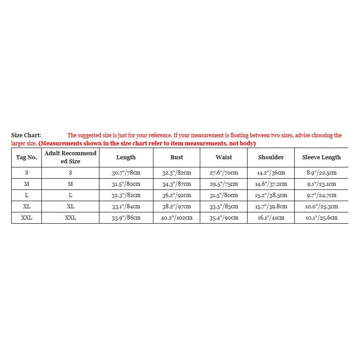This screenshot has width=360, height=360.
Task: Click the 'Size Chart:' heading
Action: point(26,135)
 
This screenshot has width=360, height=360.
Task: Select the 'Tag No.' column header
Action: point(27,157)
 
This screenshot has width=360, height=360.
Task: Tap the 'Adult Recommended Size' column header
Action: point(70,157)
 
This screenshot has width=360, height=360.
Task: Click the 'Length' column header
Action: point(126,157)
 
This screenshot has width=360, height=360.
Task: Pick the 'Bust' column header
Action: point(177,157)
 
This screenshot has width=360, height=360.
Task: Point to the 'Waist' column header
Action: point(224,157)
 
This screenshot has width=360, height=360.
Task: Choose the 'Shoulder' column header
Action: point(271,157)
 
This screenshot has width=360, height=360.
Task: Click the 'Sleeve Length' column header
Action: point(321,157)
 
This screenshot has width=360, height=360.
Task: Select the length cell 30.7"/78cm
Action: point(126,173)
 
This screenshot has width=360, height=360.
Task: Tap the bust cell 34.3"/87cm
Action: point(177,184)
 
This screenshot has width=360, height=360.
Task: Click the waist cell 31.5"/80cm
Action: point(224,195)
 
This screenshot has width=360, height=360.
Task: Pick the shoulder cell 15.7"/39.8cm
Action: point(271,207)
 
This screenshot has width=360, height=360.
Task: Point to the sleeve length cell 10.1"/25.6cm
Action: point(321,218)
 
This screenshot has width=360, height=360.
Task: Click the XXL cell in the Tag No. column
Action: point(27,218)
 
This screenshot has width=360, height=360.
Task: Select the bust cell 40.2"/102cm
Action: point(177,218)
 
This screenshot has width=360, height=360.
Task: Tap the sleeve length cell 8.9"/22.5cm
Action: point(321,173)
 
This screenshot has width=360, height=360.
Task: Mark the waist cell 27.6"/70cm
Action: point(224,173)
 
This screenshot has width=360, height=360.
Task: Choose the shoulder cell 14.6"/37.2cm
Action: point(271,184)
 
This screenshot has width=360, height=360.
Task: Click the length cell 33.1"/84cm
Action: point(126,207)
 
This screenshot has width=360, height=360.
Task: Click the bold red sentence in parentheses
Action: point(147,144)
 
